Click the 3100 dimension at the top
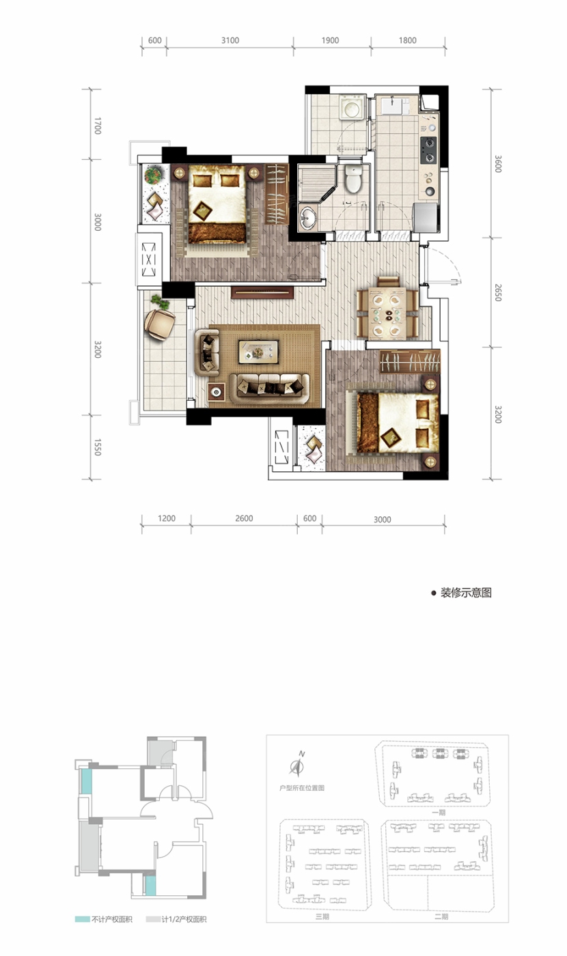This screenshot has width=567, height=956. coord(230,40)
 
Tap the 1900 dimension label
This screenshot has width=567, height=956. coord(330,40)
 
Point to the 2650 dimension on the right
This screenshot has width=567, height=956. coord(497,292)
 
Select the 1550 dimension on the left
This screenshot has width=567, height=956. coord(97,447)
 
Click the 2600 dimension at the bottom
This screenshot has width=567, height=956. coord(244,518)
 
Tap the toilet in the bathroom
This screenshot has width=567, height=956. coord(353,178)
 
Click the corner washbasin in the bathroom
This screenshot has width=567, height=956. coord(307,218)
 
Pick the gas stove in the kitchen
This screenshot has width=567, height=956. coord(428,150)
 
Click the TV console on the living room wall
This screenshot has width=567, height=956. coord(262,292)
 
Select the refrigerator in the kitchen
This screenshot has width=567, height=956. coord(426,218)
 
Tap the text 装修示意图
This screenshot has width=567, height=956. coord(466,593)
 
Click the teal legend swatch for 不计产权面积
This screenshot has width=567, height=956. coord(82,919)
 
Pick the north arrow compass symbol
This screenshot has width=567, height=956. coord(296,764)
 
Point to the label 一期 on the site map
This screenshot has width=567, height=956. coord(439,812)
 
